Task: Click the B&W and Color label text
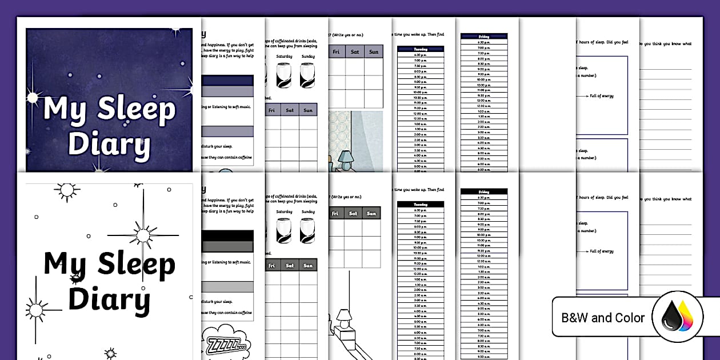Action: (603, 318)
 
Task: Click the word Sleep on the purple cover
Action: (136, 109)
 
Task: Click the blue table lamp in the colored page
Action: (346, 159)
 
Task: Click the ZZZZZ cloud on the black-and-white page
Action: (224, 342)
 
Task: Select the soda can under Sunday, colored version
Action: (307, 75)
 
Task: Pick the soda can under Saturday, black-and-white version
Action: (284, 232)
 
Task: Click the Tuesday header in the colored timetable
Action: (421, 49)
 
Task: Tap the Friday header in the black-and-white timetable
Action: (483, 192)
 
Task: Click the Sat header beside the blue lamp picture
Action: (355, 52)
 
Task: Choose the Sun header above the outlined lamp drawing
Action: (371, 214)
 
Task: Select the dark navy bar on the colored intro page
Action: (227, 81)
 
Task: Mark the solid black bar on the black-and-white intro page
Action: (227, 236)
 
